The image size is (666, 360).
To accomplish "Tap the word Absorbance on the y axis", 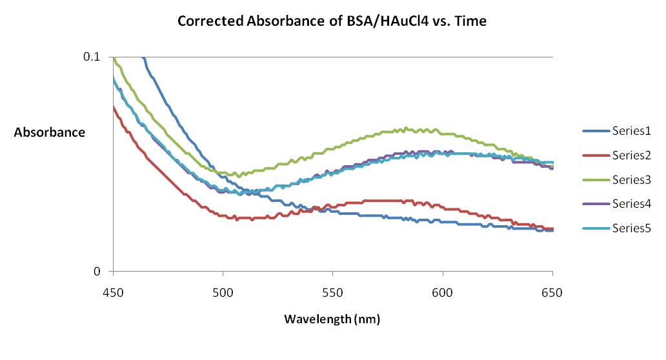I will tap(50, 132).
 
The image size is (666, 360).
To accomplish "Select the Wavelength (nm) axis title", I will tap(333, 319).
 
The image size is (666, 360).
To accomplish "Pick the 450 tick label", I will tap(113, 292).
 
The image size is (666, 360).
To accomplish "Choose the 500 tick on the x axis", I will tap(223, 292).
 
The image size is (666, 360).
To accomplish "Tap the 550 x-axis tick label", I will tap(332, 292).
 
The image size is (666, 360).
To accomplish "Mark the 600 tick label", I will tap(443, 292).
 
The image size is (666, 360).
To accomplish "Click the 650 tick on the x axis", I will tap(552, 292).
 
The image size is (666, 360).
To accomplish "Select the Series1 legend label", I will tap(631, 132).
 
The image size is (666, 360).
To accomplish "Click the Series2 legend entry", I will tap(631, 155).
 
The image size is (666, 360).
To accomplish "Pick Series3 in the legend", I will tap(631, 179).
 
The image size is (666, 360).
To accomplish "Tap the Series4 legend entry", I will tap(631, 204).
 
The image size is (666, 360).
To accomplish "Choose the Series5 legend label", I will tap(631, 228).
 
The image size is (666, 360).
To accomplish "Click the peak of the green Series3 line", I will tap(405, 128).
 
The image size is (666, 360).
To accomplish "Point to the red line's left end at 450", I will tap(114, 107).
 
